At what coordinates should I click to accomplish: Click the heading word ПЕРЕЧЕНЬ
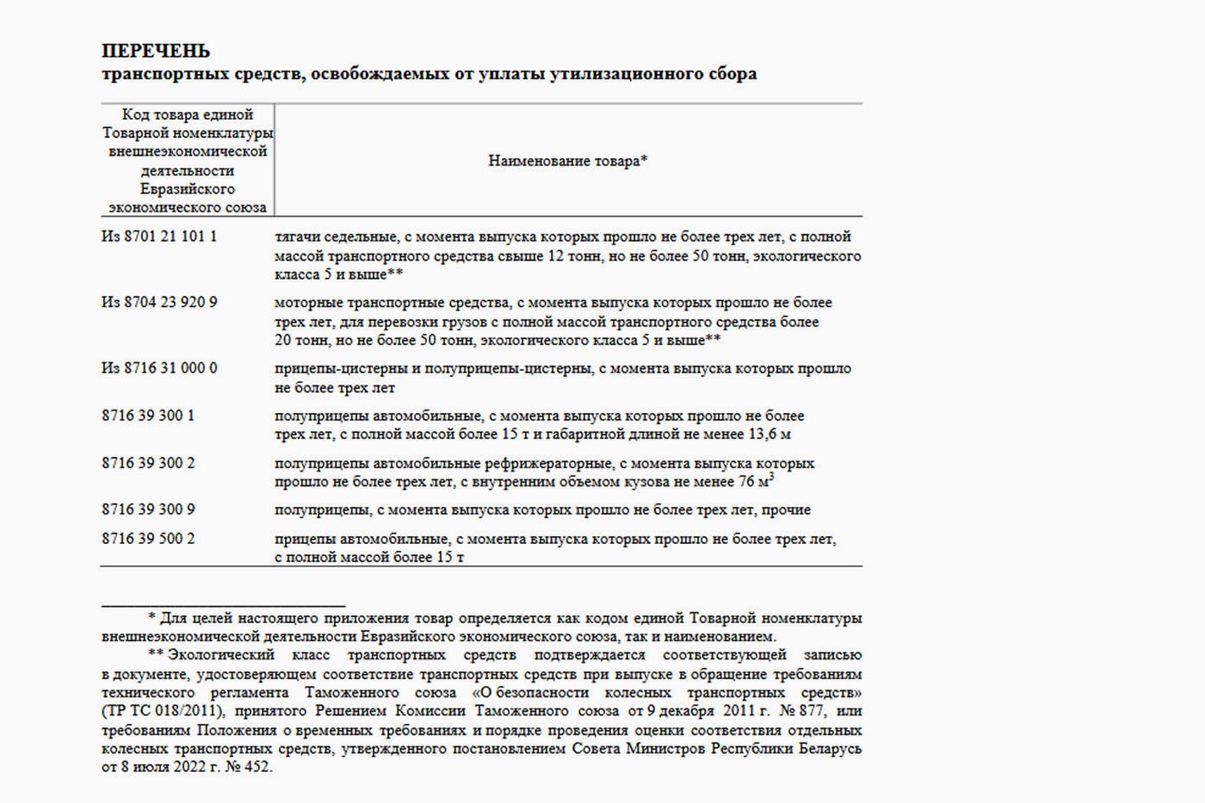156,51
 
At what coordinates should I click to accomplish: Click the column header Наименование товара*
567,161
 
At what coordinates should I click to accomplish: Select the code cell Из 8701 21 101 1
159,236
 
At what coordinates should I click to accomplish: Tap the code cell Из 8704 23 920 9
159,302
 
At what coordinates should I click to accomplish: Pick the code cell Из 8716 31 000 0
159,368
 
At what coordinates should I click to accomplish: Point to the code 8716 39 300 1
148,416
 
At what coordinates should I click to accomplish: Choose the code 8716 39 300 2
148,463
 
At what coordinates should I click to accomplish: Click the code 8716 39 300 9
148,510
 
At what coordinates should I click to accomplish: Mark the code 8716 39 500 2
148,539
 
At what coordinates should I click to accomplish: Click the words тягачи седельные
336,237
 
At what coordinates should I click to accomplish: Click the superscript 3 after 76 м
771,476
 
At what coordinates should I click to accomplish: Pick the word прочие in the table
787,510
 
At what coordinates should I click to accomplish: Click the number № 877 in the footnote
801,712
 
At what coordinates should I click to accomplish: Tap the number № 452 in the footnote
248,767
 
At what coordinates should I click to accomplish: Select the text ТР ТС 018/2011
164,712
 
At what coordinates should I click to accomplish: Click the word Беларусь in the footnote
831,749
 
